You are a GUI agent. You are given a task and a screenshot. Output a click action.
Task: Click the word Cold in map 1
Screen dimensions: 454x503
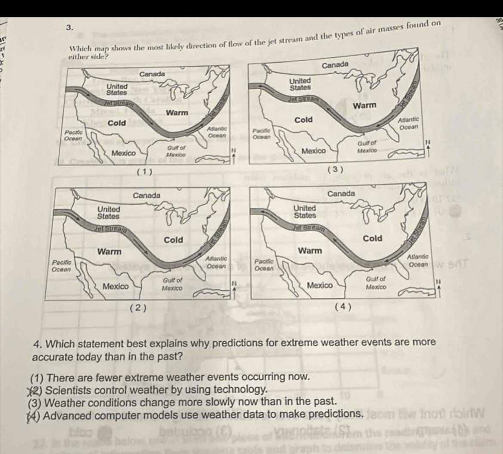click(117, 123)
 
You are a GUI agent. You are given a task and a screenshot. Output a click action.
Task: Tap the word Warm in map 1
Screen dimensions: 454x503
click(176, 112)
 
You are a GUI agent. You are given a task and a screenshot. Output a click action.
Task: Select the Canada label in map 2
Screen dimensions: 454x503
click(147, 195)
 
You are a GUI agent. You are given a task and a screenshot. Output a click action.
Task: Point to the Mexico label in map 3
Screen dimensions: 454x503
click(313, 151)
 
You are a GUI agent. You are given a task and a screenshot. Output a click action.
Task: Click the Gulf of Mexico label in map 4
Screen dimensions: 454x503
click(376, 282)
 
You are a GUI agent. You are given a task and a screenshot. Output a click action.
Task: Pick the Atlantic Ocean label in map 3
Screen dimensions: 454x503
click(410, 122)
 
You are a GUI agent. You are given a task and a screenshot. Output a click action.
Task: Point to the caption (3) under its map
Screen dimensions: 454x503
click(336, 170)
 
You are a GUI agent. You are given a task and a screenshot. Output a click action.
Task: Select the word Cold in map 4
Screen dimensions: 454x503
click(372, 238)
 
